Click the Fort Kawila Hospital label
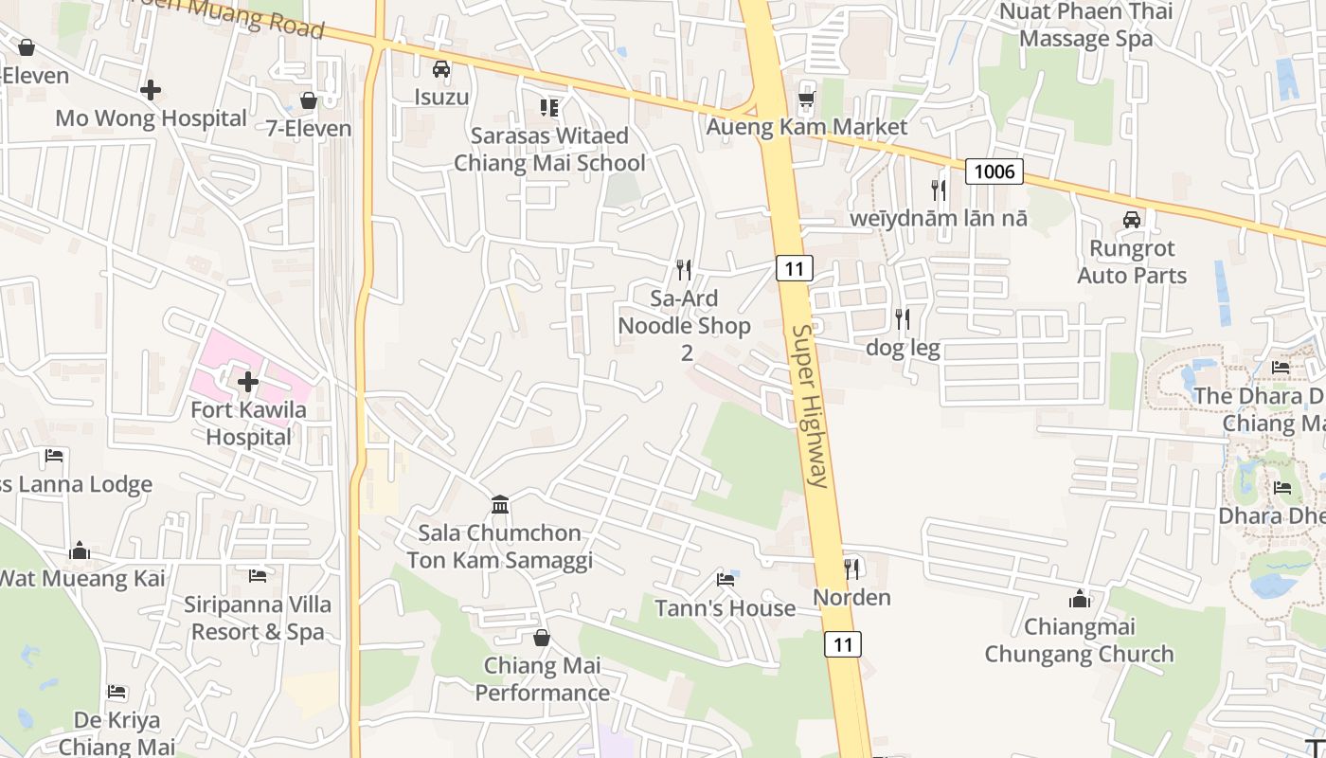248,424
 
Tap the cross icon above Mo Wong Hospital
150,90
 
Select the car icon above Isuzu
441,68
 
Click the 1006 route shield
994,171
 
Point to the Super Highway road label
811,406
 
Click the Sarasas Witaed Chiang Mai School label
549,149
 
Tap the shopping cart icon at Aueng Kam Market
806,99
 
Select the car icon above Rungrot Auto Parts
1131,220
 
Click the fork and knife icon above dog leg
903,319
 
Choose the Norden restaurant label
852,598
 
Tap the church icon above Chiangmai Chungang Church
1079,599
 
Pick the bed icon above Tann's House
726,579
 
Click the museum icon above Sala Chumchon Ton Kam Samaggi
500,504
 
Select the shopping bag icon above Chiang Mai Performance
542,638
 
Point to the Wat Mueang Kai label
82,578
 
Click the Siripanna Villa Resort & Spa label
258,618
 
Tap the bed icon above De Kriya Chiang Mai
116,692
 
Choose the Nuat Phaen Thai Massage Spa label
1085,26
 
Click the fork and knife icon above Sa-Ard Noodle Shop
684,270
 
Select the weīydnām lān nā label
939,219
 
